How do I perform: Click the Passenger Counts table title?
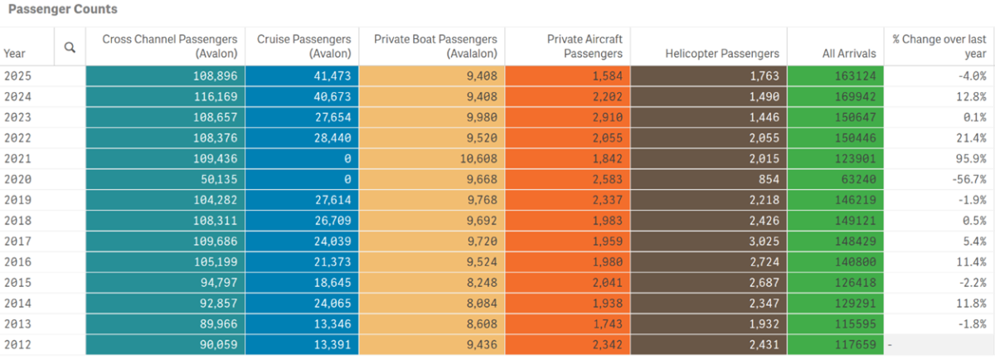click(63, 10)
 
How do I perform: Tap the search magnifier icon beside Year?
click(70, 48)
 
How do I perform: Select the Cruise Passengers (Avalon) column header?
click(305, 46)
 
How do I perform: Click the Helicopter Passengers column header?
click(722, 53)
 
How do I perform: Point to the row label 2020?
click(17, 178)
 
